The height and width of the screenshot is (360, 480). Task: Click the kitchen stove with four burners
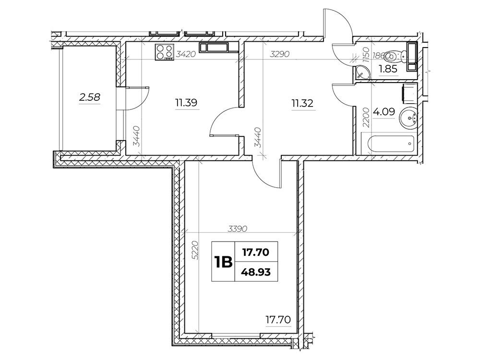165,52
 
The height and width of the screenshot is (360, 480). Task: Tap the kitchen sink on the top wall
214,48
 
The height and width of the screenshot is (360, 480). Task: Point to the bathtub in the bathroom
389,143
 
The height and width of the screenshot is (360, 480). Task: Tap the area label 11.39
186,103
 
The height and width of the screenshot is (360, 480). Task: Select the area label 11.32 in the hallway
302,103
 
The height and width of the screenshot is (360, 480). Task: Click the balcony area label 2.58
89,97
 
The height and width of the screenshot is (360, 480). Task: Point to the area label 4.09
384,112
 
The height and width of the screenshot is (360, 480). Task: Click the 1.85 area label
388,69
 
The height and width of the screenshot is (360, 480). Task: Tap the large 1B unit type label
223,263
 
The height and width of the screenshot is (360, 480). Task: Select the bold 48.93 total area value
256,272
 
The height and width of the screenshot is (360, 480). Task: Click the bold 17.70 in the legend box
256,252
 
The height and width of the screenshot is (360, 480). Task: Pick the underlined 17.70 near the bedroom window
278,320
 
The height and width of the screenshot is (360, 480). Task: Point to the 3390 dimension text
238,228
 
